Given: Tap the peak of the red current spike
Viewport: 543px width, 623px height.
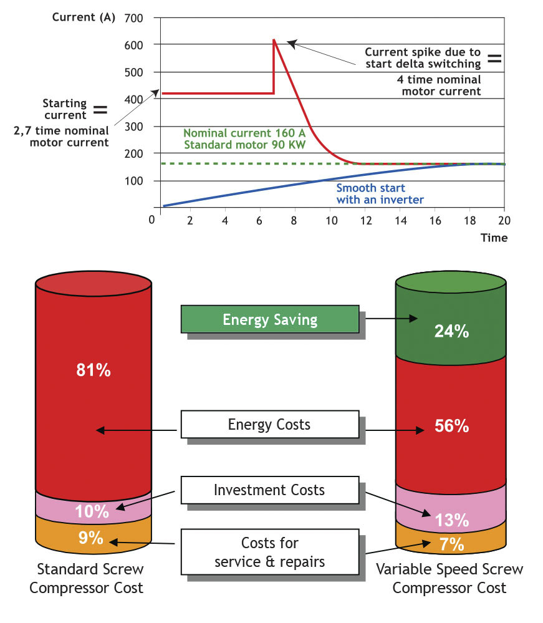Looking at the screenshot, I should (x=274, y=40).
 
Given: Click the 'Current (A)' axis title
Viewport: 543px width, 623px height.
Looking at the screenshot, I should (x=84, y=17).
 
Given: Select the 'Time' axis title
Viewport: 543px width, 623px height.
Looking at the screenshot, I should (x=494, y=238).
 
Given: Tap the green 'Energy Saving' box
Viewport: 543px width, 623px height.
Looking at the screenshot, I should (x=269, y=320).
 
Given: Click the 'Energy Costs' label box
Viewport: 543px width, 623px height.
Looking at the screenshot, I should (x=269, y=425).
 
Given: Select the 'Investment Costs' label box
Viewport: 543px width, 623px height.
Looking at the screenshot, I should (x=269, y=490).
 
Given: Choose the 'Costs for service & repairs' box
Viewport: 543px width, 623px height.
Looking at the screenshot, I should (x=269, y=552).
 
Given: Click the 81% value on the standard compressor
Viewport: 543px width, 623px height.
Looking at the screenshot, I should (x=94, y=370).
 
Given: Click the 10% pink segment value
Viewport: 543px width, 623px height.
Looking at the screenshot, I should (x=92, y=512).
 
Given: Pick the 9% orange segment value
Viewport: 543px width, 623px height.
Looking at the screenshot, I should (x=91, y=537).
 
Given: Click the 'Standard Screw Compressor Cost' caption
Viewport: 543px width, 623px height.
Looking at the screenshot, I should (x=90, y=578).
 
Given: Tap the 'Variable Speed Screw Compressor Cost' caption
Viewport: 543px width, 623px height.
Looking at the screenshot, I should (x=449, y=578).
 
